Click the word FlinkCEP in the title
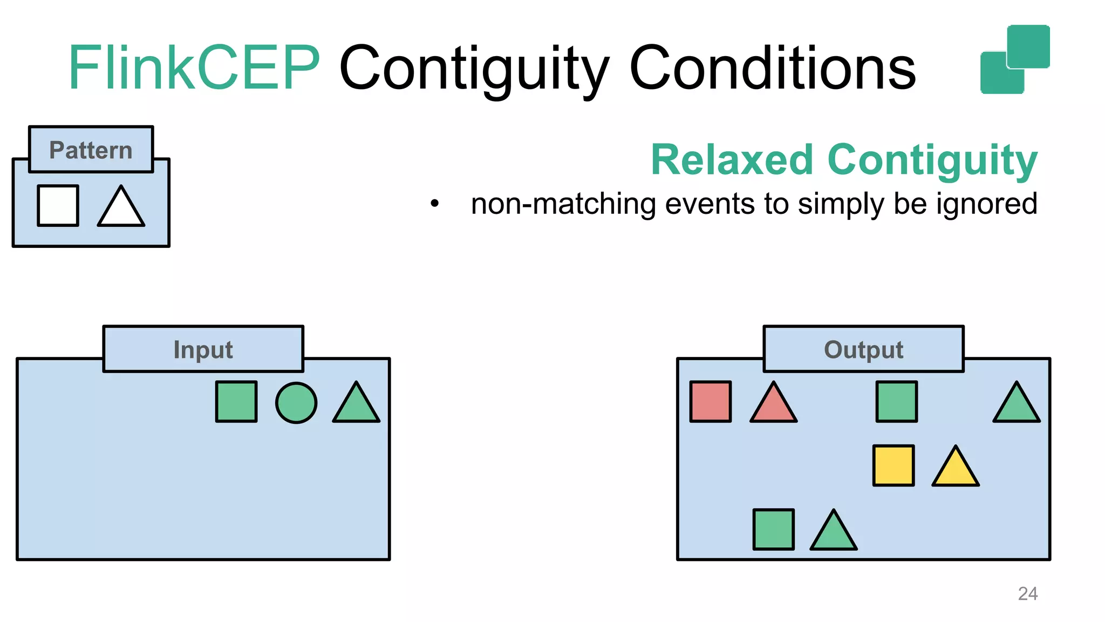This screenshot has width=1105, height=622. (x=194, y=69)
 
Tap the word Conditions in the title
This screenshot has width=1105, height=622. (x=772, y=69)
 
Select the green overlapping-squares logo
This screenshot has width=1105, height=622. (x=1014, y=59)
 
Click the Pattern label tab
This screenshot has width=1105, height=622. (x=91, y=150)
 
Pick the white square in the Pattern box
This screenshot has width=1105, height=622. (x=58, y=206)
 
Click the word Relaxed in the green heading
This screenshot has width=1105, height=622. (x=732, y=160)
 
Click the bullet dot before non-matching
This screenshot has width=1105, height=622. (x=435, y=204)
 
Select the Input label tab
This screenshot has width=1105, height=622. (x=203, y=349)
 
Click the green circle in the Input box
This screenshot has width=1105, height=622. (x=296, y=403)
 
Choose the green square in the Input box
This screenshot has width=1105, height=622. (x=236, y=402)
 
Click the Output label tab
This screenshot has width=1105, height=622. (x=863, y=349)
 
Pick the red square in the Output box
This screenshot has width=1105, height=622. (x=711, y=402)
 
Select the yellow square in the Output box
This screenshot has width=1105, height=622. (x=893, y=465)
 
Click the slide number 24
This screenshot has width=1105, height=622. (x=1027, y=593)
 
